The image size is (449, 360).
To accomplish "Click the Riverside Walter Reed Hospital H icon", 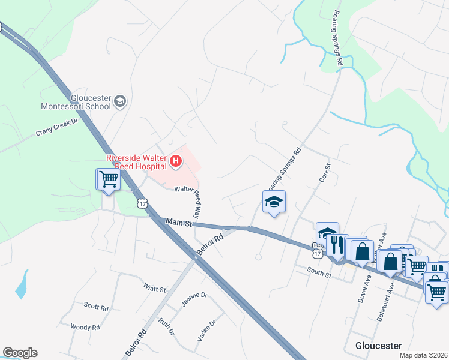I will [x=176, y=161].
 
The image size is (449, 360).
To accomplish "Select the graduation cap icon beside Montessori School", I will [x=120, y=101].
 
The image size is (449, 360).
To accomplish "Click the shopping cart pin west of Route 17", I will [x=108, y=179].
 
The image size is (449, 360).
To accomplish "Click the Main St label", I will [x=179, y=223].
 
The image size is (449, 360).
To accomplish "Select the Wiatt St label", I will [x=155, y=288].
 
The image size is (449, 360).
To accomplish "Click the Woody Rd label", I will [x=85, y=327].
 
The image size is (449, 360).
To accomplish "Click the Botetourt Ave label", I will [x=391, y=296].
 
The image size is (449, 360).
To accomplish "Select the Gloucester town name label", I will [x=378, y=346].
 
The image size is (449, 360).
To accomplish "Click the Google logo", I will [x=20, y=353].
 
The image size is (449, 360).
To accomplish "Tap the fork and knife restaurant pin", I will [x=337, y=244].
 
